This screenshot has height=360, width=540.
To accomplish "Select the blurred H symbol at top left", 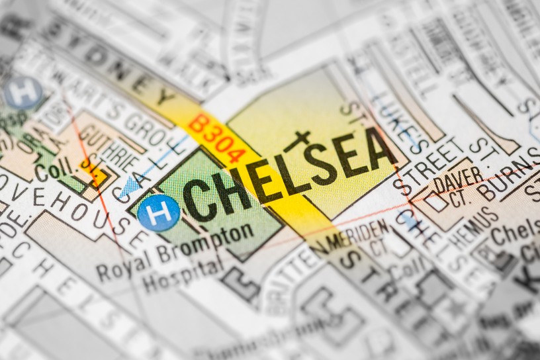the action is pos(23,93).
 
